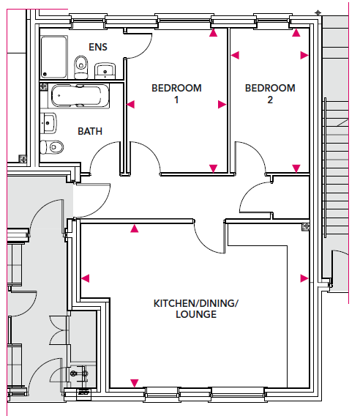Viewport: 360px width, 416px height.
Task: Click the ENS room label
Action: tap(98, 47)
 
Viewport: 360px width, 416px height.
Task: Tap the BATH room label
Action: tap(90, 131)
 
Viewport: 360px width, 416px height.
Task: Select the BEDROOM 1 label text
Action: tap(176, 94)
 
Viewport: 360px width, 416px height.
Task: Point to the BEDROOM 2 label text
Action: tap(270, 94)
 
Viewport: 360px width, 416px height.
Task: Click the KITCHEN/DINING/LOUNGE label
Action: tap(196, 308)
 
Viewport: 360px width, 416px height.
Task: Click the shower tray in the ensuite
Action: tap(54, 57)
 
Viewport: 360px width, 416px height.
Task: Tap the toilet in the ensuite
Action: tap(81, 67)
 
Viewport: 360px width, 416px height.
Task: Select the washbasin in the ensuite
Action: tap(105, 71)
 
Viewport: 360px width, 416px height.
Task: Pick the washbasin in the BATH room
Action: tap(48, 123)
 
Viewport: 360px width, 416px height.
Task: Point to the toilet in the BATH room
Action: tap(52, 147)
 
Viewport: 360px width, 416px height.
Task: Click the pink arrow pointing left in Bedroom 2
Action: tap(235, 55)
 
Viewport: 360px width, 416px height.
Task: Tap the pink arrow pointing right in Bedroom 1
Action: tap(222, 105)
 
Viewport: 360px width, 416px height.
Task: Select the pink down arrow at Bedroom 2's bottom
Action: tap(296, 168)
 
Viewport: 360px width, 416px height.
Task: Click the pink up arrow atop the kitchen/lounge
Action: tap(135, 229)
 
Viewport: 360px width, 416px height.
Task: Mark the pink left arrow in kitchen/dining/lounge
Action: tap(86, 278)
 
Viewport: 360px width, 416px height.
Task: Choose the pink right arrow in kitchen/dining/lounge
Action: tap(304, 278)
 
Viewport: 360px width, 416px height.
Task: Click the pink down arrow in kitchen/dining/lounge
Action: tap(135, 383)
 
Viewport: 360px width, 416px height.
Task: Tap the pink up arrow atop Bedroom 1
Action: tap(213, 33)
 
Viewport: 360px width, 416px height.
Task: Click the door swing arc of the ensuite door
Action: tap(145, 51)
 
